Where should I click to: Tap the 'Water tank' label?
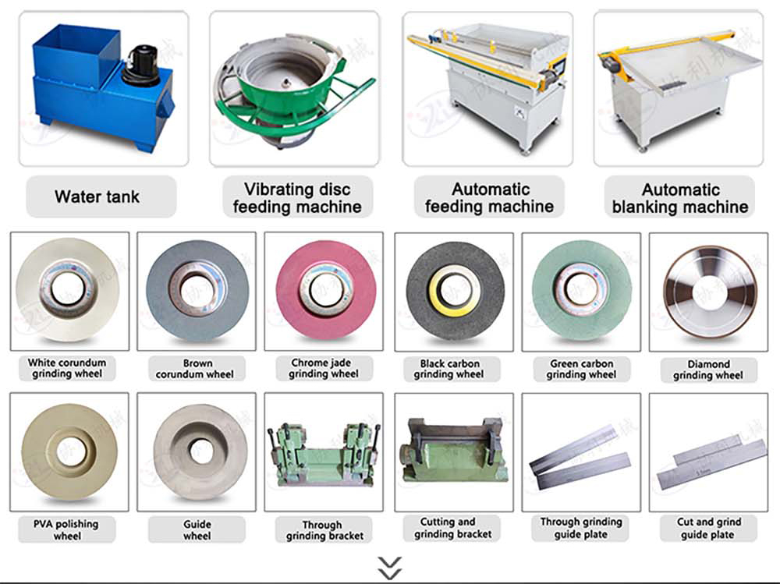point(97,197)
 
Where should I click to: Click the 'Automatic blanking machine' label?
point(679,198)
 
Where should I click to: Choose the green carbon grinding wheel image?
point(580,289)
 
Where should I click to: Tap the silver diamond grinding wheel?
point(708,291)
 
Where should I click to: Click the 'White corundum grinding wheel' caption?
point(67,368)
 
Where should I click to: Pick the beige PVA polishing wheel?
point(69,451)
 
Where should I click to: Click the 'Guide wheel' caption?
point(197,529)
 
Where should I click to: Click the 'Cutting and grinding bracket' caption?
point(453,528)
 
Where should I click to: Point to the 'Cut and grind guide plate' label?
point(708,528)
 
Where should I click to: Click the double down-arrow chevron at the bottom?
point(389,567)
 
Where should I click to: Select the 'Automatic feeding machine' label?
point(489,198)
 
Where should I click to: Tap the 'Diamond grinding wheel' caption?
point(708,370)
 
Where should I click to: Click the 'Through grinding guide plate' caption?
point(580,528)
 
